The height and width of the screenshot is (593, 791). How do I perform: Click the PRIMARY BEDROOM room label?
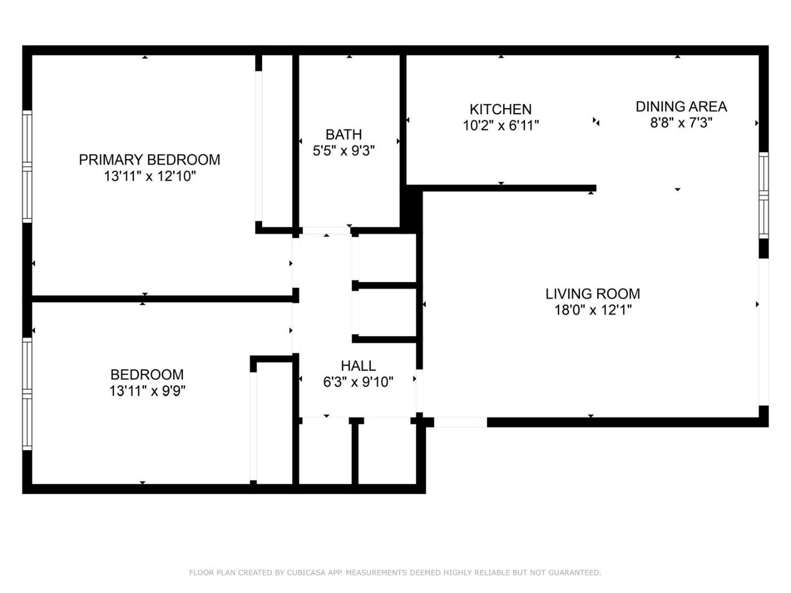149,159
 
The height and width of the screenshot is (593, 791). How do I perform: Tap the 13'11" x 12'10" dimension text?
150,176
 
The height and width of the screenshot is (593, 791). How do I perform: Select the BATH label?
343,135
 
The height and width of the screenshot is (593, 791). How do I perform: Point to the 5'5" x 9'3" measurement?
343,151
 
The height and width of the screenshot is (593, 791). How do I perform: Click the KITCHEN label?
500,109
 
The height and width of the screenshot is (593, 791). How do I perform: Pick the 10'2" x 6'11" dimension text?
500,126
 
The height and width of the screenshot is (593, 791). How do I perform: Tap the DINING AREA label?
681,107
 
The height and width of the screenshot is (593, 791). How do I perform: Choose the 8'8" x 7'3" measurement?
681,123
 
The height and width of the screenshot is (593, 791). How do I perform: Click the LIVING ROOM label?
593,294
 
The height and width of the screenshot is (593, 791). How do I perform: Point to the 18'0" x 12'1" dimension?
593,310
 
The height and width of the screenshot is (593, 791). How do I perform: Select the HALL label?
358,366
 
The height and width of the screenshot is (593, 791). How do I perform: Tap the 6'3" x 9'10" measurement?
358,382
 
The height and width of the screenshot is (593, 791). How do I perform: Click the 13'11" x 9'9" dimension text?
147,391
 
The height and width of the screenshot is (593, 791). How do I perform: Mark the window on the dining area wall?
764,195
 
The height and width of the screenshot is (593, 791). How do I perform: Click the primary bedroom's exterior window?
27,166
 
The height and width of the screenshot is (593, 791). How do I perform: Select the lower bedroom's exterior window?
27,394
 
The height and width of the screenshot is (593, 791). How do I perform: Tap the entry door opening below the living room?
460,422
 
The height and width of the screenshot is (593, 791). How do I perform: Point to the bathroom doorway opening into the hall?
326,231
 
